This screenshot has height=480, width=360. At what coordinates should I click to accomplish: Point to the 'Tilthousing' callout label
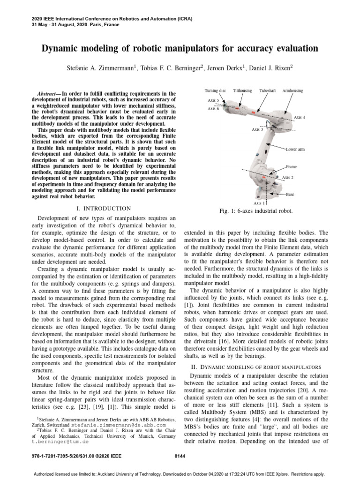click(242, 90)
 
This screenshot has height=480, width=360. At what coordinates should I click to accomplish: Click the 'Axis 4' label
click(300, 117)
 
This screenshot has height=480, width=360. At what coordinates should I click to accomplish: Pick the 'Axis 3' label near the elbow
click(257, 129)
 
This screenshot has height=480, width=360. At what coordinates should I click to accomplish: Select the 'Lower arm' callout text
click(295, 149)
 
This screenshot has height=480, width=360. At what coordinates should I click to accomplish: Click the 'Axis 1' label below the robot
click(259, 203)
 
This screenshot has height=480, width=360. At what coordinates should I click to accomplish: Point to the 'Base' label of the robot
click(291, 194)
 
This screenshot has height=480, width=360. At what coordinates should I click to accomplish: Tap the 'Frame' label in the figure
click(292, 167)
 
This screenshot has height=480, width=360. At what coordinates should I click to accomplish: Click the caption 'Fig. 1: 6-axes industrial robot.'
click(256, 211)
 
